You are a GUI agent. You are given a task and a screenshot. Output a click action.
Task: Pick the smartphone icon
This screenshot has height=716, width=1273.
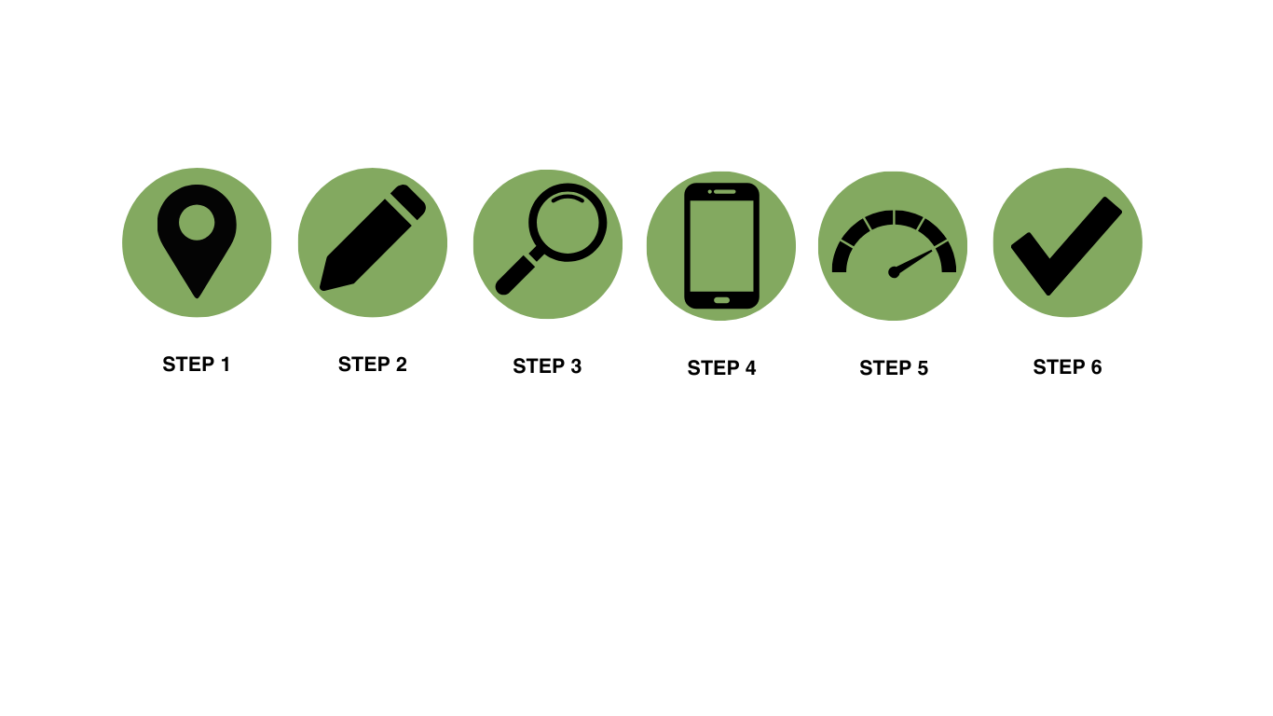coord(721,245)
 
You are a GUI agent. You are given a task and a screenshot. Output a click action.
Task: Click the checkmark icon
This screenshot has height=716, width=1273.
coord(1067,244)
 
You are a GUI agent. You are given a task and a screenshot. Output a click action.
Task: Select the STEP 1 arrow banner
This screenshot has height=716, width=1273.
coord(197,365)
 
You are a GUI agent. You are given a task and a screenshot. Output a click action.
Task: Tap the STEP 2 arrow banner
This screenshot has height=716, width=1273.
coord(372,365)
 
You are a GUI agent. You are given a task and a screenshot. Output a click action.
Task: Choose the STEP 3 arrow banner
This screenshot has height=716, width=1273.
coord(547,366)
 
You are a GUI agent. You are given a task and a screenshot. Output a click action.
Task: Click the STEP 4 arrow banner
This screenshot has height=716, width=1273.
coord(721,368)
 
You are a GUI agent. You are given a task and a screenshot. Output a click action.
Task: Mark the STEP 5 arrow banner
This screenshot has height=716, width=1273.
coord(894,368)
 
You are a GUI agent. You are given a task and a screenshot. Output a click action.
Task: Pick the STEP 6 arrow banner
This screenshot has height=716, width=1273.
coord(1067,367)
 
